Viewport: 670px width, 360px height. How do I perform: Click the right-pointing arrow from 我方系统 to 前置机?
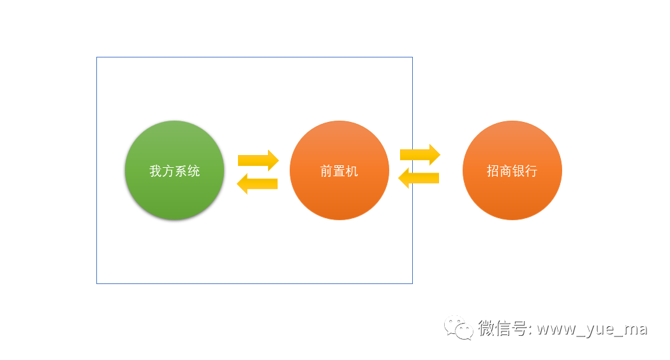click(258, 160)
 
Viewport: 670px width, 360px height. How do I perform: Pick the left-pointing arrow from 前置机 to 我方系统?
click(257, 184)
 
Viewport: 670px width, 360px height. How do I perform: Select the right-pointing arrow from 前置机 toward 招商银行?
click(420, 154)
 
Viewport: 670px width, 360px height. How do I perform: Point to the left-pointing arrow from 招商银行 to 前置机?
click(419, 177)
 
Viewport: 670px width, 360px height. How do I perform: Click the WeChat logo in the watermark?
click(459, 328)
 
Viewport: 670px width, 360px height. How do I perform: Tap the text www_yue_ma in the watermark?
click(592, 329)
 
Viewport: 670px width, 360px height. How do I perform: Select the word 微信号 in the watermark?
click(502, 329)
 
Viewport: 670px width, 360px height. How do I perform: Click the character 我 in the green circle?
click(156, 171)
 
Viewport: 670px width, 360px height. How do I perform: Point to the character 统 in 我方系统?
click(194, 171)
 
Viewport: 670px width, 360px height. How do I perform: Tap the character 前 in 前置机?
click(327, 171)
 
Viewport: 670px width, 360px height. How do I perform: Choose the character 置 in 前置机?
click(339, 171)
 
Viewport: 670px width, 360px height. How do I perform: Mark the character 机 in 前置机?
click(352, 171)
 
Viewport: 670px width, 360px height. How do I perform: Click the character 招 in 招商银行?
click(493, 171)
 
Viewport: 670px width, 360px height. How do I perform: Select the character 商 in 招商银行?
click(506, 171)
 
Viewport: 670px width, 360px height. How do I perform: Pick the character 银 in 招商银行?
click(518, 171)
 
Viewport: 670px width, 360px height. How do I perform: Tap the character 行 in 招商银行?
click(531, 171)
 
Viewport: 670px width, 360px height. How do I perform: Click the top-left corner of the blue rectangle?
click(97, 57)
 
